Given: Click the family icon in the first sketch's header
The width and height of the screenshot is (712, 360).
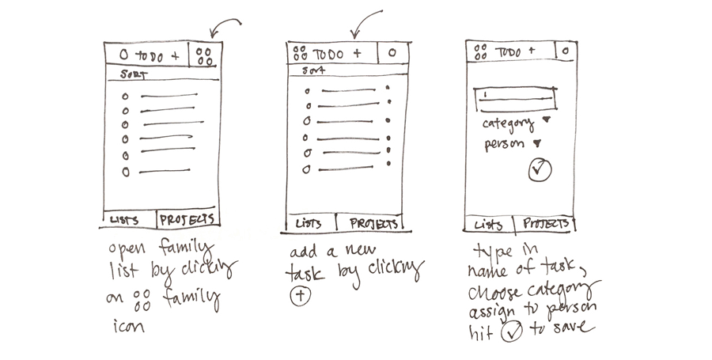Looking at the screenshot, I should click(x=204, y=56).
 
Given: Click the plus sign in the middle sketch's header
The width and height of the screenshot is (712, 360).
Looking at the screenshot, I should click(x=357, y=53).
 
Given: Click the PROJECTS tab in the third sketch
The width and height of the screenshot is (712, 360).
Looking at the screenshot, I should click(x=546, y=224).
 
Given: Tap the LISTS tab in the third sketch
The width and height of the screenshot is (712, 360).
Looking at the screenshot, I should click(x=488, y=225).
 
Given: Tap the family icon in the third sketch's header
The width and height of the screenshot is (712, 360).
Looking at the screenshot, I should click(x=479, y=52).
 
